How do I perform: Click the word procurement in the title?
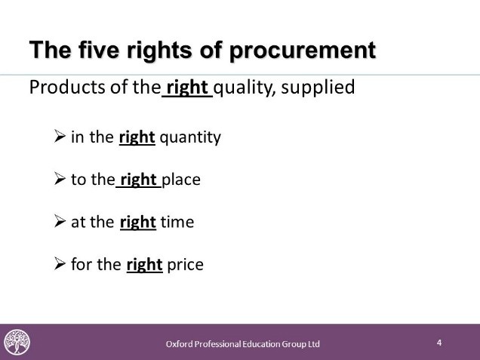point(303,51)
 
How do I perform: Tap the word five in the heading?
point(99,50)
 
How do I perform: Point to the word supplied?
point(318,88)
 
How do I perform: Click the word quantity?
point(190,138)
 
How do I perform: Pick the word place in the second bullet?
point(181,180)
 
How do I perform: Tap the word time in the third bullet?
point(177,222)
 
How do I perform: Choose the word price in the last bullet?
point(185,265)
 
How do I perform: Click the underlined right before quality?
point(187,88)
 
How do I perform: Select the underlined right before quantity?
point(137,138)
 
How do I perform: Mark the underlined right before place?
point(138,180)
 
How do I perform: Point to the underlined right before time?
point(138,223)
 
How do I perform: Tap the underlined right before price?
point(144,265)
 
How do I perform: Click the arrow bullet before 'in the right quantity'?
point(60,136)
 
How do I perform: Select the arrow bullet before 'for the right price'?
point(60,264)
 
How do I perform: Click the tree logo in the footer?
point(17,342)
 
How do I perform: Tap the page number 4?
point(439,343)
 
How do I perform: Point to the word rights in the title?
point(159,51)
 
